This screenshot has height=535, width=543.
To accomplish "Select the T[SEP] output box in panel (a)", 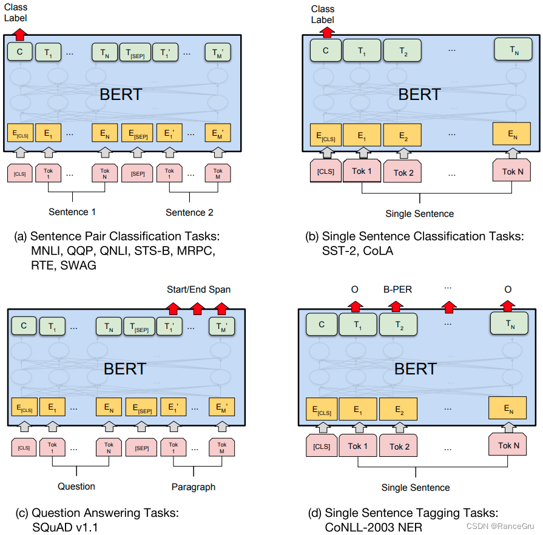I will click(x=134, y=53).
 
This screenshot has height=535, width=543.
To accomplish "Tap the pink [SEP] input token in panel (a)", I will click(x=137, y=173).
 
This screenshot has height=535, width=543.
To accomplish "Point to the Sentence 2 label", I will click(x=189, y=212).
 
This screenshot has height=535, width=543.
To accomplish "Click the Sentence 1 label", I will click(x=72, y=212).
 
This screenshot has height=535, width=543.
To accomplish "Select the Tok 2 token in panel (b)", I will click(x=403, y=173).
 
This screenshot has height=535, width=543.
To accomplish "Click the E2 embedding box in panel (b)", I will click(x=403, y=136).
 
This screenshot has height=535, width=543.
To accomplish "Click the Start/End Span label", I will click(x=198, y=289).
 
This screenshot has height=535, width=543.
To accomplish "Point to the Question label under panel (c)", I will click(x=76, y=486).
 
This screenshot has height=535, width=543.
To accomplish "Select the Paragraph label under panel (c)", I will click(x=193, y=487).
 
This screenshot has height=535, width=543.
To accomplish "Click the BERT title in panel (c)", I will click(x=125, y=368).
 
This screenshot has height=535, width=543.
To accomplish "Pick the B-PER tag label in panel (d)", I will click(x=397, y=290).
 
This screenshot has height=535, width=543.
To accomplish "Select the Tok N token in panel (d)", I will click(x=509, y=445).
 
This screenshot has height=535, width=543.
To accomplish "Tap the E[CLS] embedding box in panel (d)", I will click(x=321, y=410).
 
